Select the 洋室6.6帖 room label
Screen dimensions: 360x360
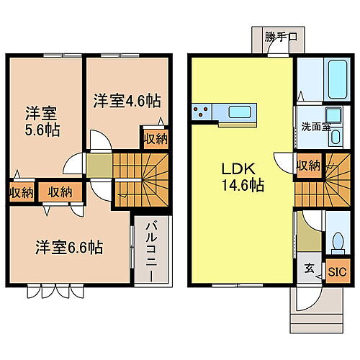[69, 247]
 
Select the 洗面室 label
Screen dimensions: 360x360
[315, 127]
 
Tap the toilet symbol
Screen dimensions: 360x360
[336, 243]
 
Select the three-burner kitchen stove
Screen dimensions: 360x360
[201, 112]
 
